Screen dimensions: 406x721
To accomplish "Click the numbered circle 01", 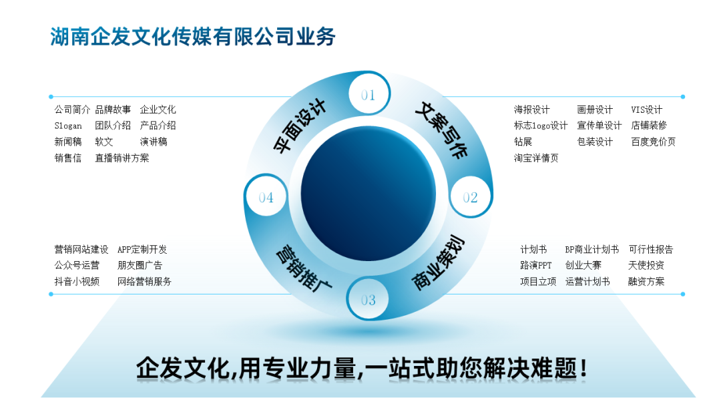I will (368, 95).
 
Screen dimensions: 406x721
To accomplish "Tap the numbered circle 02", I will (470, 197).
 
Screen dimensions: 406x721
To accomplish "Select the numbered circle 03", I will (368, 300).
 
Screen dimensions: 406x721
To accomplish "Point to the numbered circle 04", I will (266, 197).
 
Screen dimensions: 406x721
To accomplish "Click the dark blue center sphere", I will (368, 197).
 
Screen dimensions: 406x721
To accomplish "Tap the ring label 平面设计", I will (300, 126).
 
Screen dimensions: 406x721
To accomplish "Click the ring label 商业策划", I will (439, 263).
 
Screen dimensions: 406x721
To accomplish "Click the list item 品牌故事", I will (113, 110).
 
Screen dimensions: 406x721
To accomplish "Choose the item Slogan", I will (68, 126).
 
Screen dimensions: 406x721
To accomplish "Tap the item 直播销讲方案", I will (122, 158).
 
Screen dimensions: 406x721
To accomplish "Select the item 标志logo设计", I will (540, 126).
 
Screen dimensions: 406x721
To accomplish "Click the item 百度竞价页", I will (653, 142).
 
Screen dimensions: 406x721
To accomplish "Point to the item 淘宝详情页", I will (536, 158).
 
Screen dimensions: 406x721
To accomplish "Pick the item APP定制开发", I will (142, 249).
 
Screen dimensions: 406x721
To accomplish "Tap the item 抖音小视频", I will (77, 281).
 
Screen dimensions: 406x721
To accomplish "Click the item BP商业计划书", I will (591, 249).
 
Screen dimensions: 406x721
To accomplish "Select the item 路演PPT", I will (536, 265).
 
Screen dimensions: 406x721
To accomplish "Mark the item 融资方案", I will (646, 281).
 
